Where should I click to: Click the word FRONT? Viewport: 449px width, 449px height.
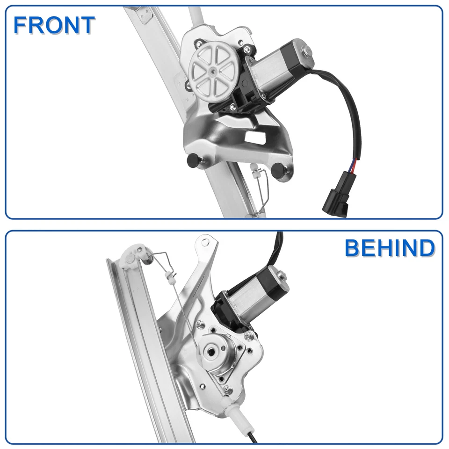click(54, 25)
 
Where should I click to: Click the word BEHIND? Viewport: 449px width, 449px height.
click(390, 248)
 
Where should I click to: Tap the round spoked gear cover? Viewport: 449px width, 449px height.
click(212, 72)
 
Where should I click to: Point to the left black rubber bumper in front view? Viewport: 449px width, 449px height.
click(192, 160)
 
